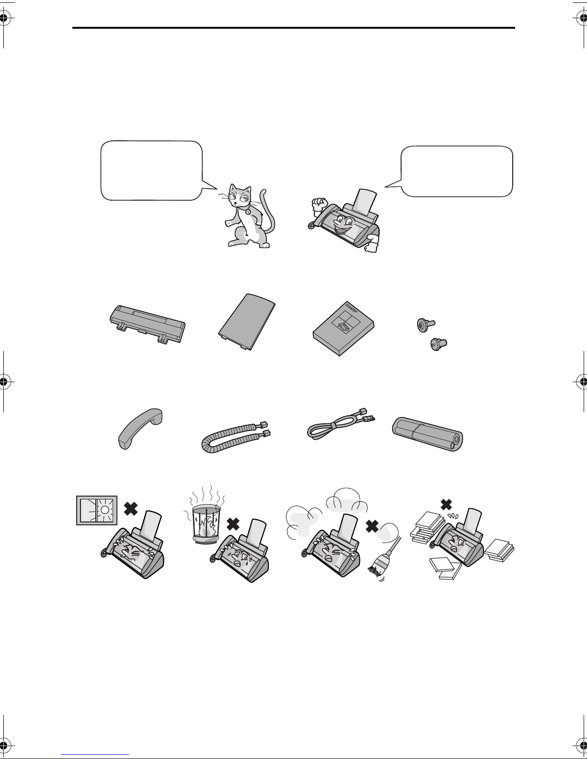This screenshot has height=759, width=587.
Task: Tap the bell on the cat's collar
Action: tap(248, 212)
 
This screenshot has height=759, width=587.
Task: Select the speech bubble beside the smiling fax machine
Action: tap(454, 171)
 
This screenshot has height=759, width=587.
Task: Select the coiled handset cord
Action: tap(234, 437)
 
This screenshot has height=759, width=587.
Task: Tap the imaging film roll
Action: tap(427, 433)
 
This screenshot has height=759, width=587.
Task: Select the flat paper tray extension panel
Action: tap(247, 321)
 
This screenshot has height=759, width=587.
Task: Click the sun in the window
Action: tap(105, 510)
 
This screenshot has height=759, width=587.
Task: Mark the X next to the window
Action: tap(131, 509)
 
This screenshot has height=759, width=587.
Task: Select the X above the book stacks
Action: tap(446, 504)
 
